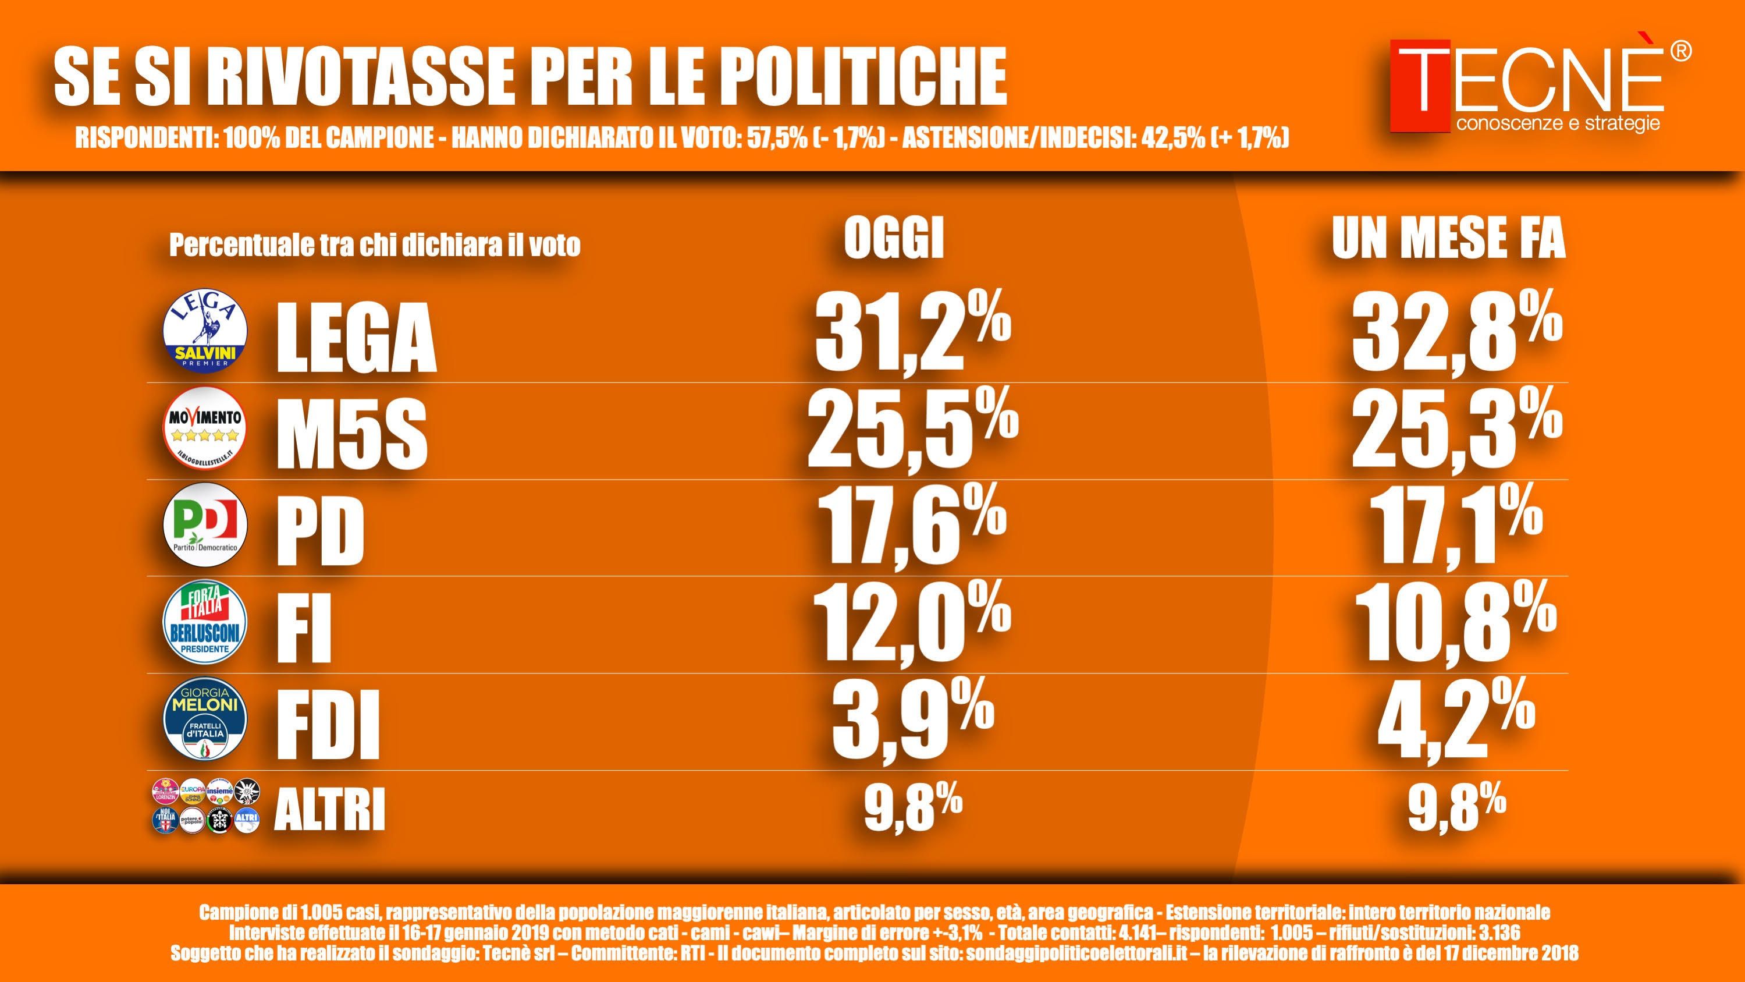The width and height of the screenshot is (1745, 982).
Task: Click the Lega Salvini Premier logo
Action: point(206,331)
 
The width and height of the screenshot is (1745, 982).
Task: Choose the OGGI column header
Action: point(894,240)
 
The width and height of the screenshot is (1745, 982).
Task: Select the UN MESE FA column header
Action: point(1448,240)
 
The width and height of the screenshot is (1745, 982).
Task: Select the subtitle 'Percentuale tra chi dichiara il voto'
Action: point(375,245)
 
